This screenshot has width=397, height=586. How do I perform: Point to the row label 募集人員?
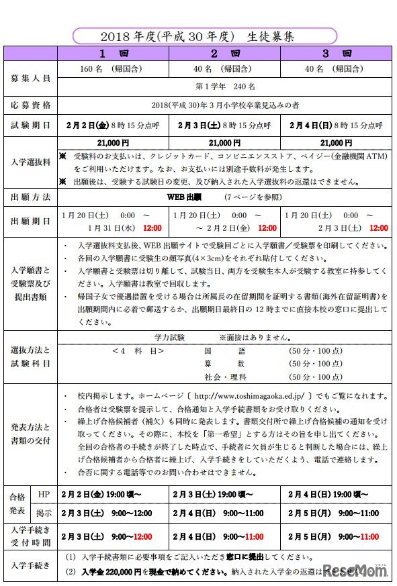[x=30, y=78]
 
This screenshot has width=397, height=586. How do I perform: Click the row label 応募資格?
[x=30, y=106]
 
